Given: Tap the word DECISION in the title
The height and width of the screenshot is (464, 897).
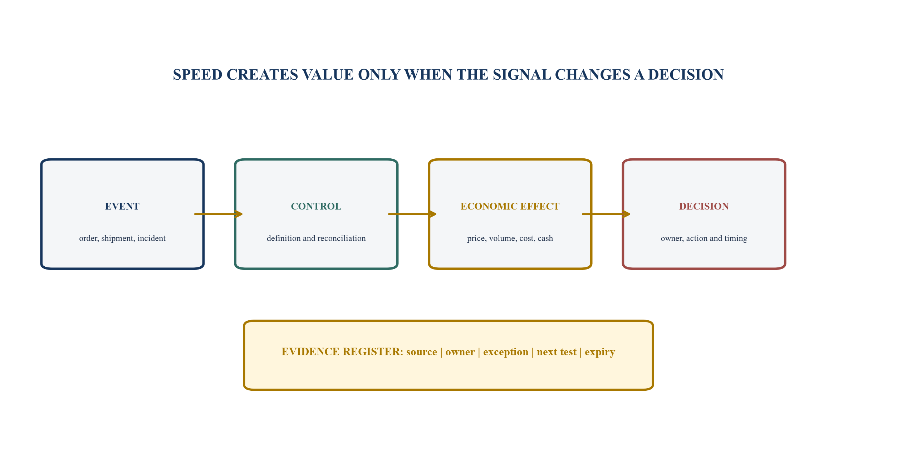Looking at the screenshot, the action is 686,75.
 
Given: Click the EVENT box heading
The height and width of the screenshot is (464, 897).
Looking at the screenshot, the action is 122,206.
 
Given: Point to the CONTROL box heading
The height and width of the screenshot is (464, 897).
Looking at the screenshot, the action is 316,206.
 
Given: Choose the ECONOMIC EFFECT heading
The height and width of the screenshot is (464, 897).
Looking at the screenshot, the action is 510,206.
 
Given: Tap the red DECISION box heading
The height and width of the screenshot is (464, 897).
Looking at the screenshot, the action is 704,206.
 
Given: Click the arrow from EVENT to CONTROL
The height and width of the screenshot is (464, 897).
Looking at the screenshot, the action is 219,214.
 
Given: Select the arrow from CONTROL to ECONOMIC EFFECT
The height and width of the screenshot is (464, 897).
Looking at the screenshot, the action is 412,214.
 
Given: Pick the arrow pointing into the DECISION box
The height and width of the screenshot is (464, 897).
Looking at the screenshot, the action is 606,214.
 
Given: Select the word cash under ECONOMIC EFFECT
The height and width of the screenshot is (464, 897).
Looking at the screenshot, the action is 545,238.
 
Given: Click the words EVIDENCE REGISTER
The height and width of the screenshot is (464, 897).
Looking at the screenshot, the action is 342,352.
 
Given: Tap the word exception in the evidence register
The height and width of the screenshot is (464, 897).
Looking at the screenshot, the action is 506,352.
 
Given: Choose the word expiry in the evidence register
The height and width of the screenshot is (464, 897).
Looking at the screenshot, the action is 600,352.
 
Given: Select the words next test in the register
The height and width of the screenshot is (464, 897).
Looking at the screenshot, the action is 557,352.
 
